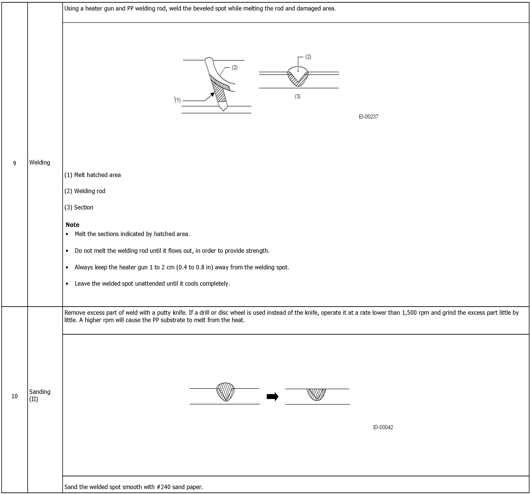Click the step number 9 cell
pos(15,163)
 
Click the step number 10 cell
pos(15,396)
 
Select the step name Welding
pos(39,163)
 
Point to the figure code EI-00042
pos(383,427)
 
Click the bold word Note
pos(72,225)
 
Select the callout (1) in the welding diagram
pos(178,100)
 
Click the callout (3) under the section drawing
pos(297,97)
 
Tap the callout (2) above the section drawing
pos(308,57)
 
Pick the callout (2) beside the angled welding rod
pos(234,68)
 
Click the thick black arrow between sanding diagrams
pos(272,397)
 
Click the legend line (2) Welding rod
pos(85,191)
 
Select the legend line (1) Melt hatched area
pos(93,175)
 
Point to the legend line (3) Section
pos(79,207)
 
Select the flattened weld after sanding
pos(316,394)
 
